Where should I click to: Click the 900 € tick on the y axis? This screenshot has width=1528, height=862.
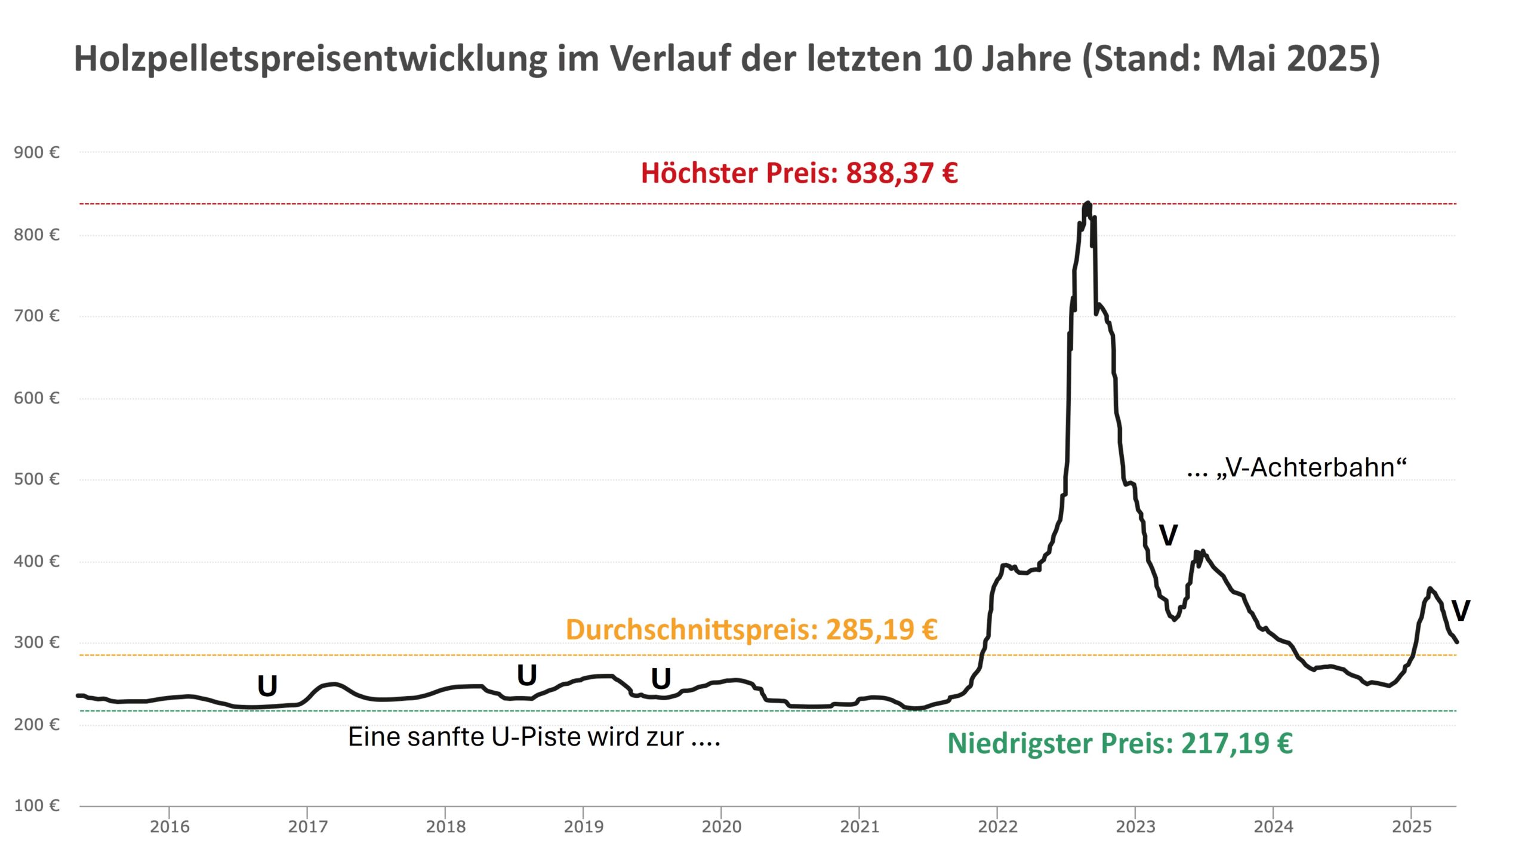[36, 152]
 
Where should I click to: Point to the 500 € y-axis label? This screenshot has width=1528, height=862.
[36, 479]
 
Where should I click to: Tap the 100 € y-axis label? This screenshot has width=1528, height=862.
[36, 805]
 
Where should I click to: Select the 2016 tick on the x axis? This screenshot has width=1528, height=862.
[170, 826]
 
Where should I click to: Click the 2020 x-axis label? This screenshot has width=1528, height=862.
[721, 826]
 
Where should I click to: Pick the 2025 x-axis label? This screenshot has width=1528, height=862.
[1412, 826]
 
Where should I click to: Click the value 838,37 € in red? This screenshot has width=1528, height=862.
[902, 173]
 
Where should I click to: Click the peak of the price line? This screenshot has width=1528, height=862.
[1087, 204]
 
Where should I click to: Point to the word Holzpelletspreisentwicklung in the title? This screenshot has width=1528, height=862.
[310, 59]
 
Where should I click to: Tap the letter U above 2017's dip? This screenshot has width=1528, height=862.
[267, 686]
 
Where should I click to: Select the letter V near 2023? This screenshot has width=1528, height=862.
[1168, 535]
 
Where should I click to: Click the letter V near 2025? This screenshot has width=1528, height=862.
[1460, 611]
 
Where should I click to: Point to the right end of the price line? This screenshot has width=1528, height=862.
[1457, 642]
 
